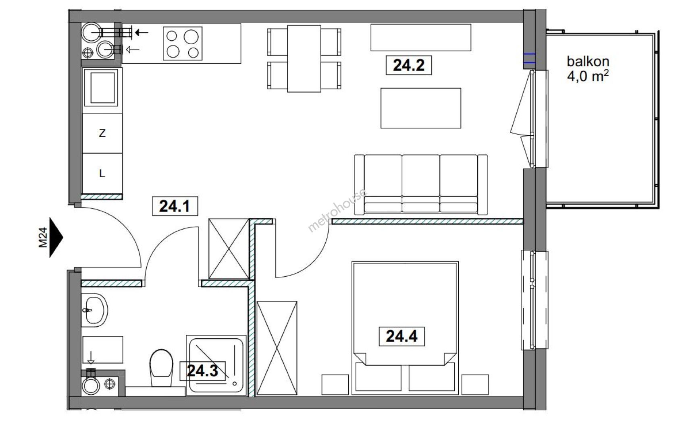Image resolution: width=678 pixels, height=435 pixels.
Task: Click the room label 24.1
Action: pyautogui.click(x=175, y=206)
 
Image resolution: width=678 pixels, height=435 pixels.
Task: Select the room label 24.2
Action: pyautogui.click(x=409, y=65)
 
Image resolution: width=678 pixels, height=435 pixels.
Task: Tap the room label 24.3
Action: pyautogui.click(x=202, y=371)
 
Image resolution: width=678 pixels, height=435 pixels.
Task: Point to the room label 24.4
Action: pyautogui.click(x=401, y=336)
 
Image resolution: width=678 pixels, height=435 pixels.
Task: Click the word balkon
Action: pyautogui.click(x=588, y=61)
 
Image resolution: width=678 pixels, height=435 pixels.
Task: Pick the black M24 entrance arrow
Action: pyautogui.click(x=56, y=238)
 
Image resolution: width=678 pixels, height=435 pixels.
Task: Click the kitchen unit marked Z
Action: pyautogui.click(x=102, y=133)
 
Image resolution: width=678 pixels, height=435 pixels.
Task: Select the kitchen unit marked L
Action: pyautogui.click(x=102, y=174)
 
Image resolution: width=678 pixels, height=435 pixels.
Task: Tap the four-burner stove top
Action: pyautogui.click(x=183, y=43)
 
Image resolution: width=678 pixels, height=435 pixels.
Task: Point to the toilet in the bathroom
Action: pyautogui.click(x=162, y=368)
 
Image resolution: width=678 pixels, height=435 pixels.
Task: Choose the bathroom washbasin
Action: pyautogui.click(x=95, y=310)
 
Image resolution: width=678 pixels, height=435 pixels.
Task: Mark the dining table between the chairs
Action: pyautogui.click(x=304, y=59)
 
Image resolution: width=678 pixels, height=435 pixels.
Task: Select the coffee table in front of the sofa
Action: pyautogui.click(x=421, y=108)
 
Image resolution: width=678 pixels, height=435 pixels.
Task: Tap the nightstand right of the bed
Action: pyautogui.click(x=475, y=385)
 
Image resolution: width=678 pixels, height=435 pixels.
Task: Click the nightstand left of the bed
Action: pyautogui.click(x=335, y=385)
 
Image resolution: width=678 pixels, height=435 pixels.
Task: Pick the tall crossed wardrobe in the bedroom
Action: pyautogui.click(x=277, y=348)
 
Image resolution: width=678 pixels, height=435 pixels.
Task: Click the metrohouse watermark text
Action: pyautogui.click(x=337, y=210)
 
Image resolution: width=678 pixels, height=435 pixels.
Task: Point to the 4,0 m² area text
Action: pyautogui.click(x=588, y=76)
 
